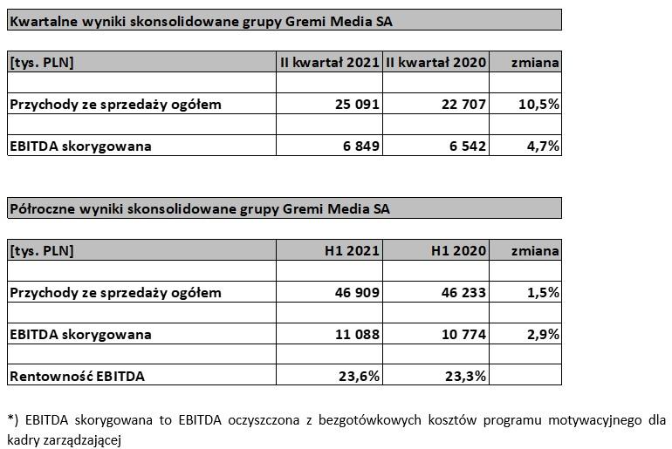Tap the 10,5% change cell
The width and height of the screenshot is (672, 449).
point(538,105)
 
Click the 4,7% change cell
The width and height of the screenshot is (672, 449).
point(542,146)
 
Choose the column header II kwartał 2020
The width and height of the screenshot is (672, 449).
point(436,62)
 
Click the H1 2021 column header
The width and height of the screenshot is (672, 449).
point(352,251)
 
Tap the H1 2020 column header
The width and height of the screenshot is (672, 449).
point(459,251)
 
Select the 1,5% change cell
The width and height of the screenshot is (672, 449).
point(542,293)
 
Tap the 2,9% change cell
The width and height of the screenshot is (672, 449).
point(542,335)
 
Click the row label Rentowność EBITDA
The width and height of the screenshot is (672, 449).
point(77,377)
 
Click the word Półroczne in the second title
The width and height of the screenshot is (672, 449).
point(40,209)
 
